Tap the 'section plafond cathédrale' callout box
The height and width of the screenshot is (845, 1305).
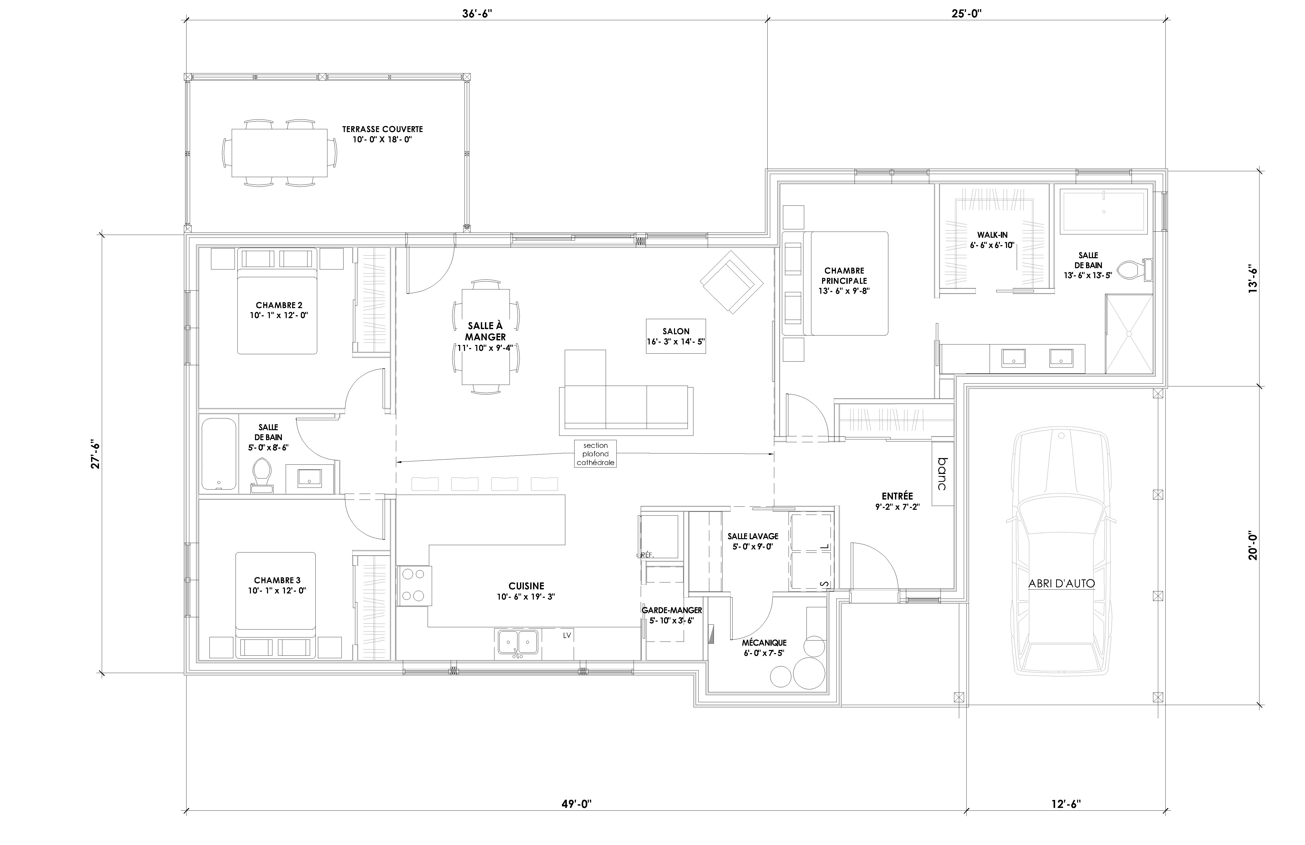click(595, 454)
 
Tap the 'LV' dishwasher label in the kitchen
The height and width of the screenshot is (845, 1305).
click(567, 635)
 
